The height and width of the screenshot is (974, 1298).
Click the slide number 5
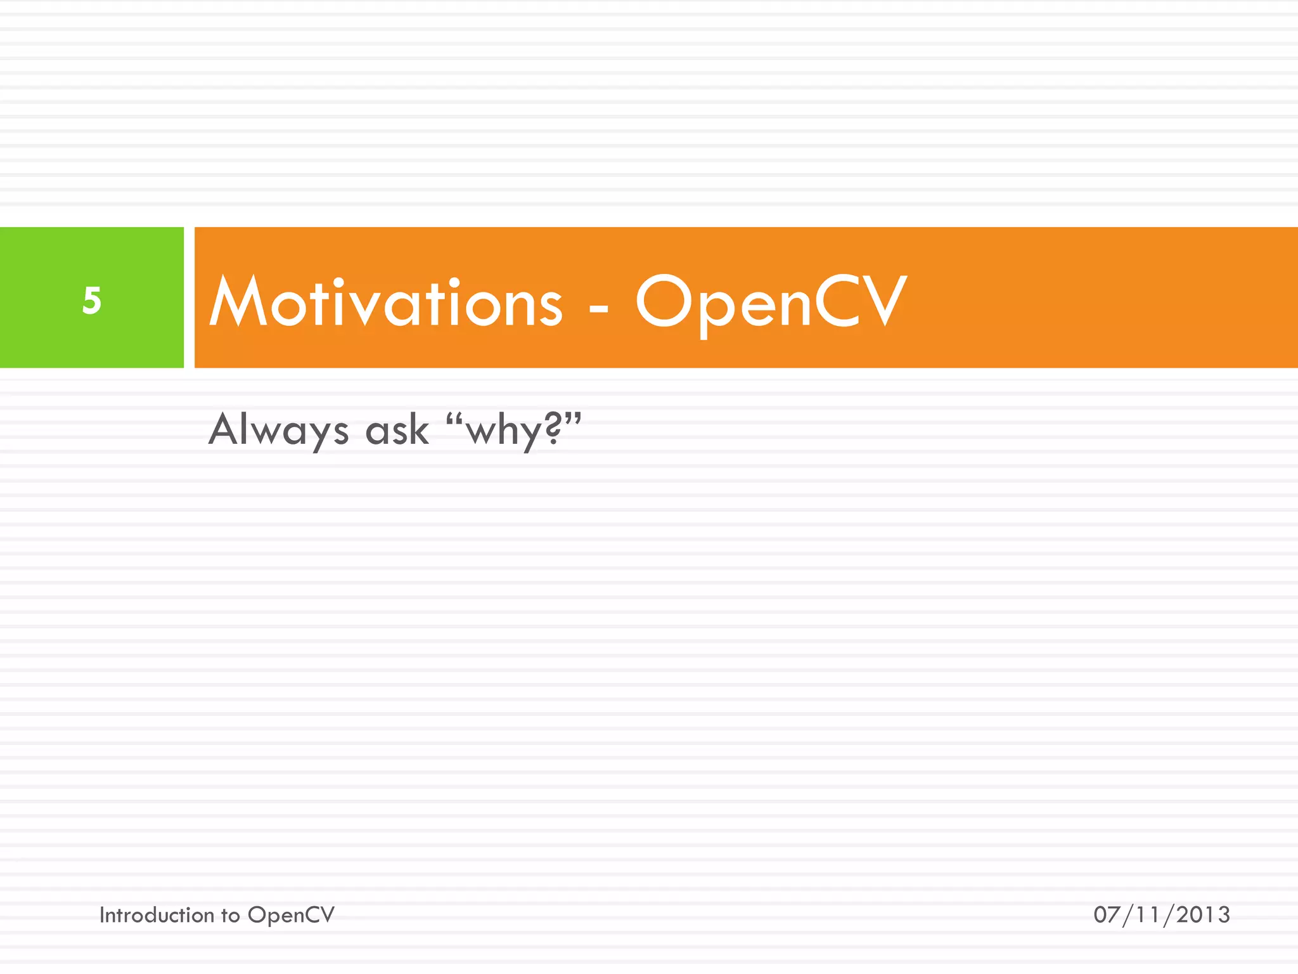point(92,301)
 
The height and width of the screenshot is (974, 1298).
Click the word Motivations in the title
point(385,302)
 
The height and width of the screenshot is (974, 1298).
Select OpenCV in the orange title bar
point(771,302)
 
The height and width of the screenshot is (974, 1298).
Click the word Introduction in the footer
point(157,915)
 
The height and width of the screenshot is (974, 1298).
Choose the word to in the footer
point(230,916)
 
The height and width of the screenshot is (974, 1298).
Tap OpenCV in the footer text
point(291,916)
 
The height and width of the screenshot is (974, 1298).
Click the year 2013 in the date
point(1203,915)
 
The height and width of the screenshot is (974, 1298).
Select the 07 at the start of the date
point(1107,915)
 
